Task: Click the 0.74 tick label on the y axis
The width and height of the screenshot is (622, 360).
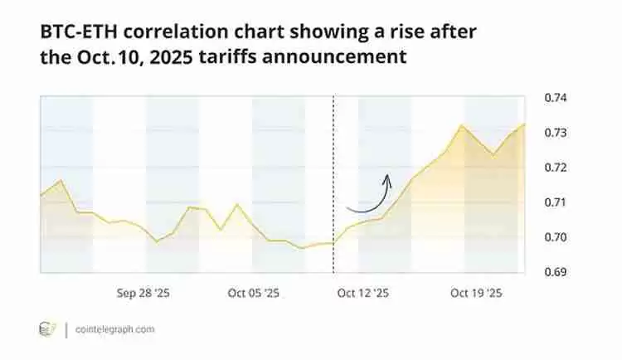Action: [555, 98]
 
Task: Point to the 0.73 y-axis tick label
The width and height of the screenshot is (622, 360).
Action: [555, 133]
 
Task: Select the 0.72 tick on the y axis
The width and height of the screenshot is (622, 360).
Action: [555, 168]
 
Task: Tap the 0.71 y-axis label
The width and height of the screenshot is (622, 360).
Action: [555, 202]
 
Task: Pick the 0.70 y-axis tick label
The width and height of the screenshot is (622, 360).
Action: [555, 237]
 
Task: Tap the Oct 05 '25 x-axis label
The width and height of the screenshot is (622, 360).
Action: [253, 293]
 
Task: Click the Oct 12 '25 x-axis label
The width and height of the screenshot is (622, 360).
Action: [363, 293]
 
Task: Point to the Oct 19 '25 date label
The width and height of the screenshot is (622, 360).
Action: [474, 293]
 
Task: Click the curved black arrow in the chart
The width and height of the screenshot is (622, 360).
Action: [370, 196]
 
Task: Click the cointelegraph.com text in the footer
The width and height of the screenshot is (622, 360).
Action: [114, 329]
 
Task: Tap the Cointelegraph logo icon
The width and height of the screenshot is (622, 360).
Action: [47, 329]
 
